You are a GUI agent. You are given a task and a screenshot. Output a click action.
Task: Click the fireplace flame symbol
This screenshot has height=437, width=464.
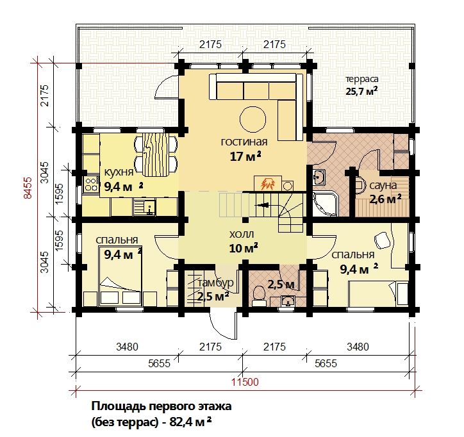coord(267,184)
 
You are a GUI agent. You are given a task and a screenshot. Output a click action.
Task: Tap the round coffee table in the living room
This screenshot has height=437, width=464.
coord(253,120)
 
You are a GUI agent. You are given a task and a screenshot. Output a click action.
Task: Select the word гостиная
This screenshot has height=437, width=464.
coord(244,142)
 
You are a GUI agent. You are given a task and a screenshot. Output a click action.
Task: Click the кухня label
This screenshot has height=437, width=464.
coord(119,172)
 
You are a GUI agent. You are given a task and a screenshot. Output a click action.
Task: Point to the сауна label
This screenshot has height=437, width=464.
coord(383,186)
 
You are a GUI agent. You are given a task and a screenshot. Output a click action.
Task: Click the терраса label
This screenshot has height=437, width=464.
coord(362,79)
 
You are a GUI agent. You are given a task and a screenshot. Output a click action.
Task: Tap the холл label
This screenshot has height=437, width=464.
coord(242,235)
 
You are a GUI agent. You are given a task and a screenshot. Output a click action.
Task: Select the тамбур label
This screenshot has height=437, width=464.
coord(215,283)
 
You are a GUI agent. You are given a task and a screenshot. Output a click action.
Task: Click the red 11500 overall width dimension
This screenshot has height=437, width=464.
coord(245,382)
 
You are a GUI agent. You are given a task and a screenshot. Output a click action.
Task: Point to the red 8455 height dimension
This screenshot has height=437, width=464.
coord(27,188)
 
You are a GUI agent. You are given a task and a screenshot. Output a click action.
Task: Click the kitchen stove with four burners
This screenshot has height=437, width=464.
coord(91,183)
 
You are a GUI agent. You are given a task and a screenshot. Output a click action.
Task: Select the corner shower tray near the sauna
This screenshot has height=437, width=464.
coord(325,204)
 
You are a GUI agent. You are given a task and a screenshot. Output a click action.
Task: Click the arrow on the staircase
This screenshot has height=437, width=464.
coord(262,204)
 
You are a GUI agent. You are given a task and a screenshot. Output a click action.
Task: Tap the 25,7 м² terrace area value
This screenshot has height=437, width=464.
coord(361,91)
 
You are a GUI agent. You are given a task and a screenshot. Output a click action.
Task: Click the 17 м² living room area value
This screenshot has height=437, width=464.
coord(245,156)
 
